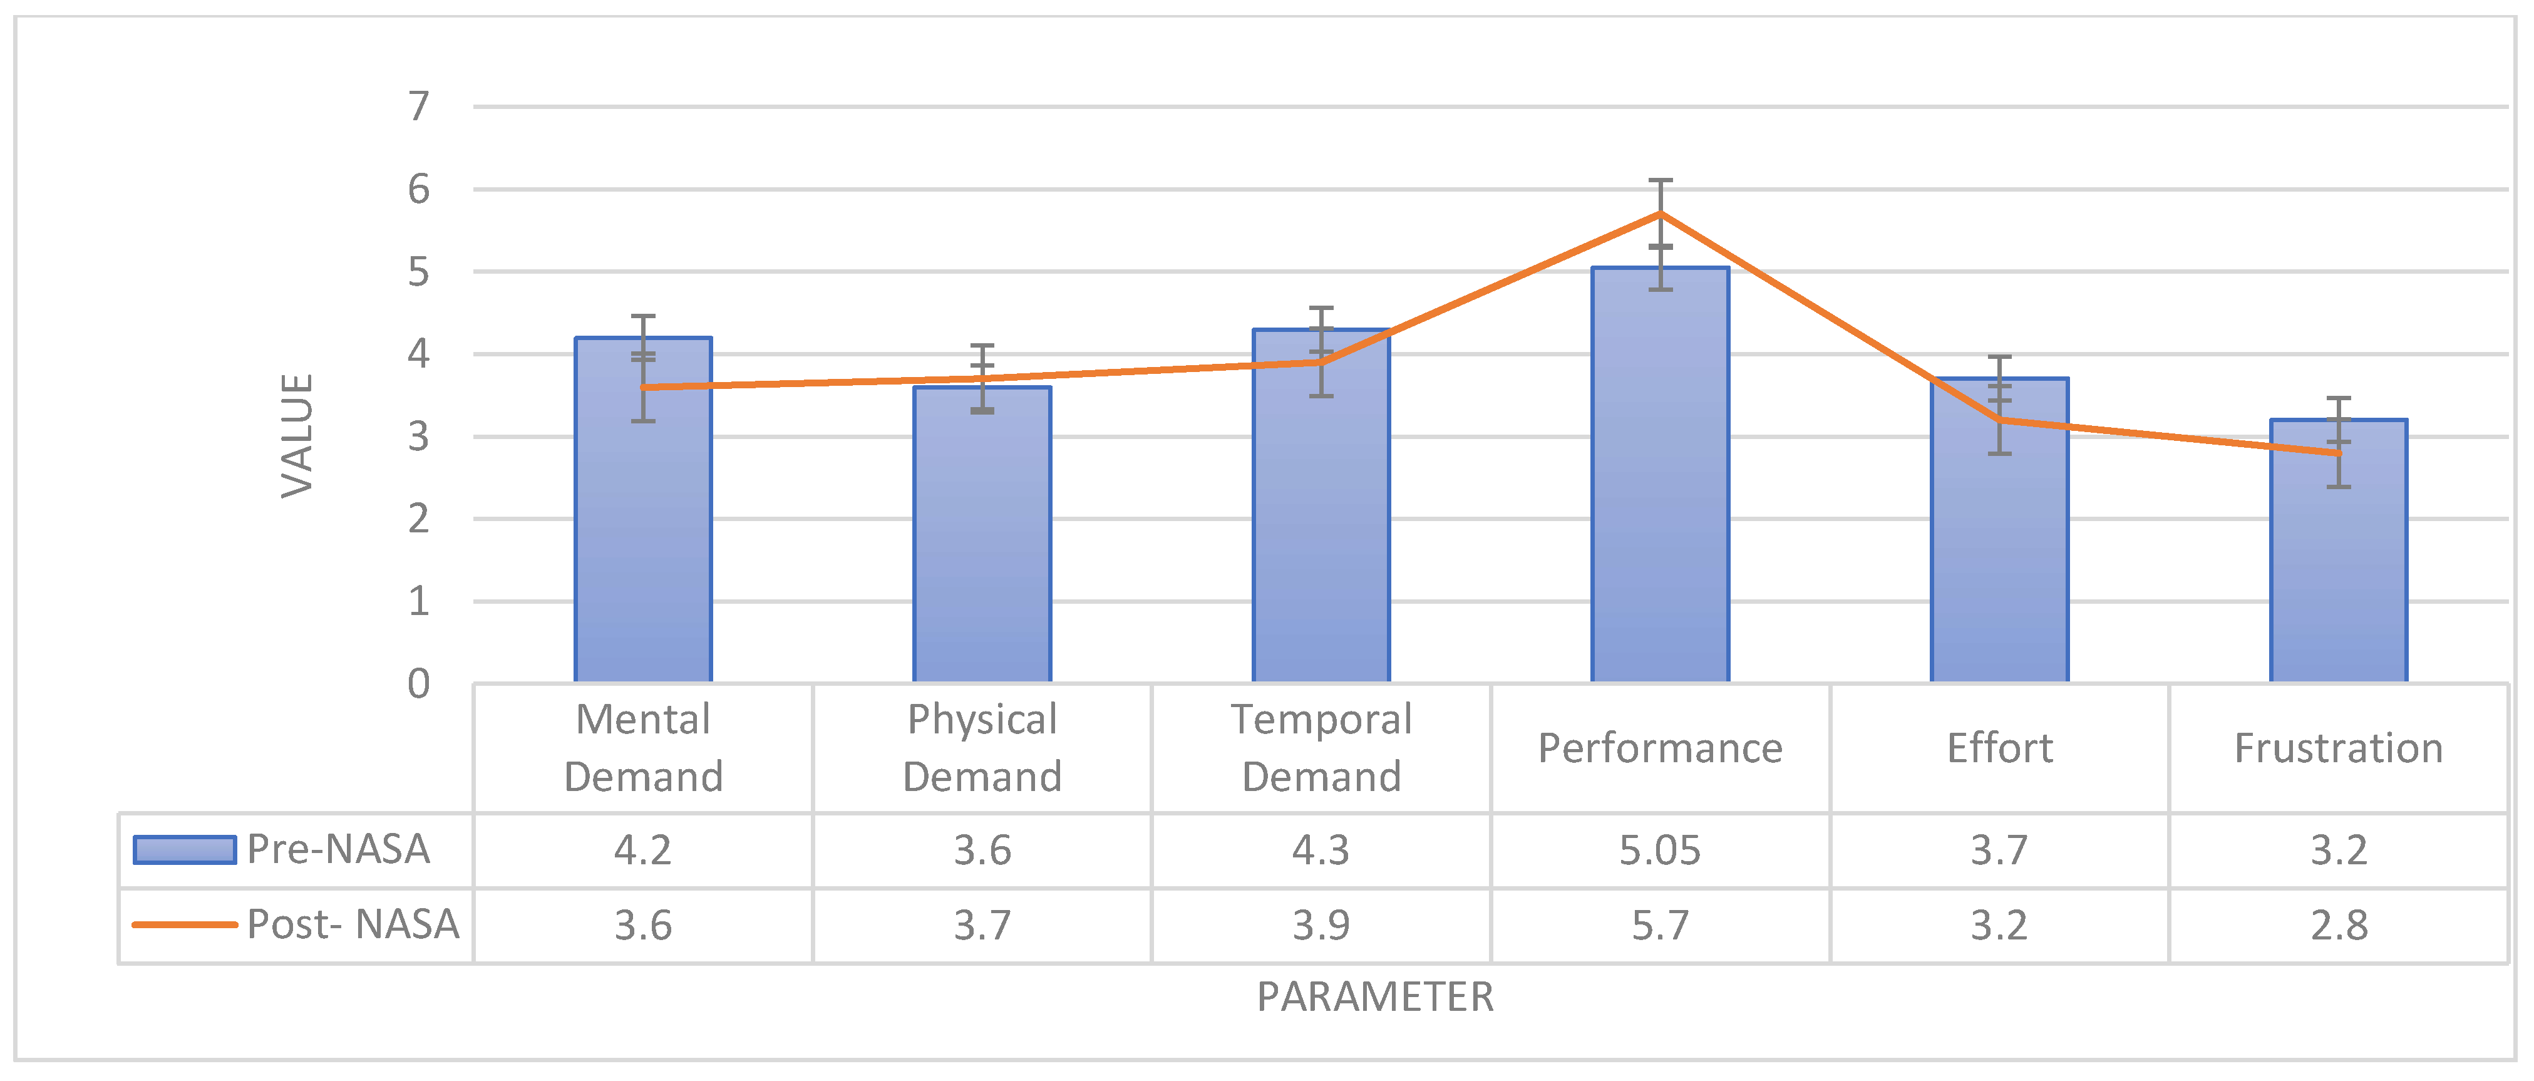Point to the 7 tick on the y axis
[419, 106]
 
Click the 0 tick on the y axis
[419, 684]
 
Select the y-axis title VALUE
[296, 436]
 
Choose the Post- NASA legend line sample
[185, 924]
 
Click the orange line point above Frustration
[2338, 452]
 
